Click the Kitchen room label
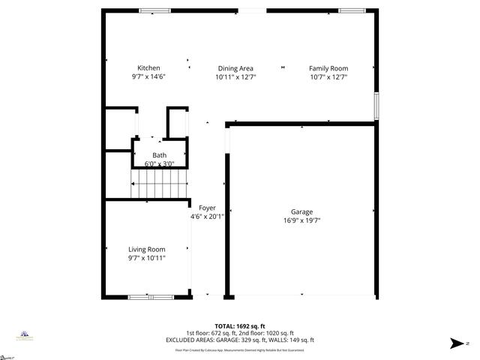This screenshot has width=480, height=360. (148, 68)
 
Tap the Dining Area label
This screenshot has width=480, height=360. (235, 68)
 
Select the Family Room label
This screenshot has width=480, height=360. (328, 68)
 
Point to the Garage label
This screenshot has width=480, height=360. (302, 212)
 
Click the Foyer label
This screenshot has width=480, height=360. (207, 208)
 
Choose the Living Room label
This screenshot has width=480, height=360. (147, 250)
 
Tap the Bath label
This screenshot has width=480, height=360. (160, 155)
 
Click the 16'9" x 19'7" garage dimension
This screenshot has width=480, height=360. (302, 220)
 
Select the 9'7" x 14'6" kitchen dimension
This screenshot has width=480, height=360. (148, 76)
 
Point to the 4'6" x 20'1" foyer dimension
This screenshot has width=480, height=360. (207, 217)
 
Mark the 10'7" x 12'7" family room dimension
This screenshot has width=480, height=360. (328, 76)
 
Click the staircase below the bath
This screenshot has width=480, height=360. (158, 184)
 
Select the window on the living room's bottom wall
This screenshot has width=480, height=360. (151, 297)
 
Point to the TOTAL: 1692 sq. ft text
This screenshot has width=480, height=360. (240, 326)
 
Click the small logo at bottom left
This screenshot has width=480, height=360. (24, 337)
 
